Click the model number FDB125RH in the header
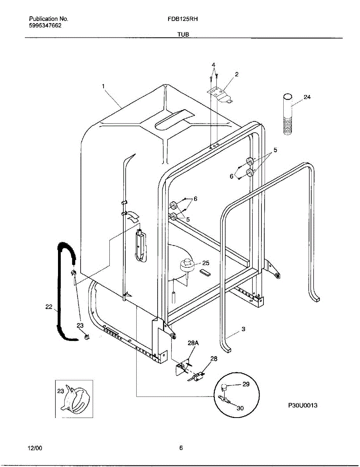coord(180,19)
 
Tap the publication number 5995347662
coord(45,25)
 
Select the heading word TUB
coord(183,34)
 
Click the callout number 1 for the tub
coord(104,86)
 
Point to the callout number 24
coord(307,97)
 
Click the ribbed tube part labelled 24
coord(288,115)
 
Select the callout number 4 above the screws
coord(213,65)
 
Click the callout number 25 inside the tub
coord(205,263)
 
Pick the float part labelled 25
coord(187,266)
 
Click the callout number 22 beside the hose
coord(49,307)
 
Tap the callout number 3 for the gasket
coord(243,329)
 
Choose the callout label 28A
coord(193,343)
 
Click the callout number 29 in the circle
coord(246,384)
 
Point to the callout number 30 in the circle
coord(240,408)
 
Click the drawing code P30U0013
coord(302,406)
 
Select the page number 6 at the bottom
coord(181,448)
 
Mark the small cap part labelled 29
coord(225,387)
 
